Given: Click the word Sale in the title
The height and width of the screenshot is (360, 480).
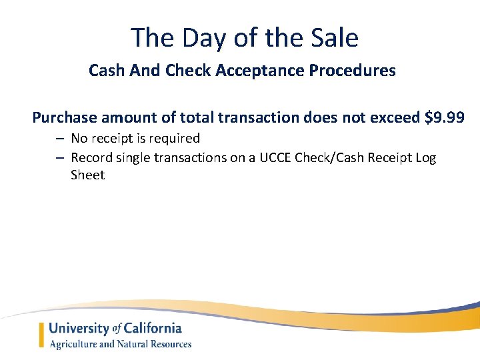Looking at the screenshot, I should coord(333,37).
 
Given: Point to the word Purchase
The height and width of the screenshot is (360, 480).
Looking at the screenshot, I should coord(65,118).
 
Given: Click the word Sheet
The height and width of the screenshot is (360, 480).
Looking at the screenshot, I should coord(87,175).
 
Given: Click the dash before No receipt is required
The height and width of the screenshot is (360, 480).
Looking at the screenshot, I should coord(59,139).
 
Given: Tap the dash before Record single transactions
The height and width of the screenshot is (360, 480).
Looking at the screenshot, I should coord(59,157).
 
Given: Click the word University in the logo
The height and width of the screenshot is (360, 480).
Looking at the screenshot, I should coord(79,328).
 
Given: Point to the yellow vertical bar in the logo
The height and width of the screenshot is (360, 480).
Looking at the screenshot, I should coord(42,335).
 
